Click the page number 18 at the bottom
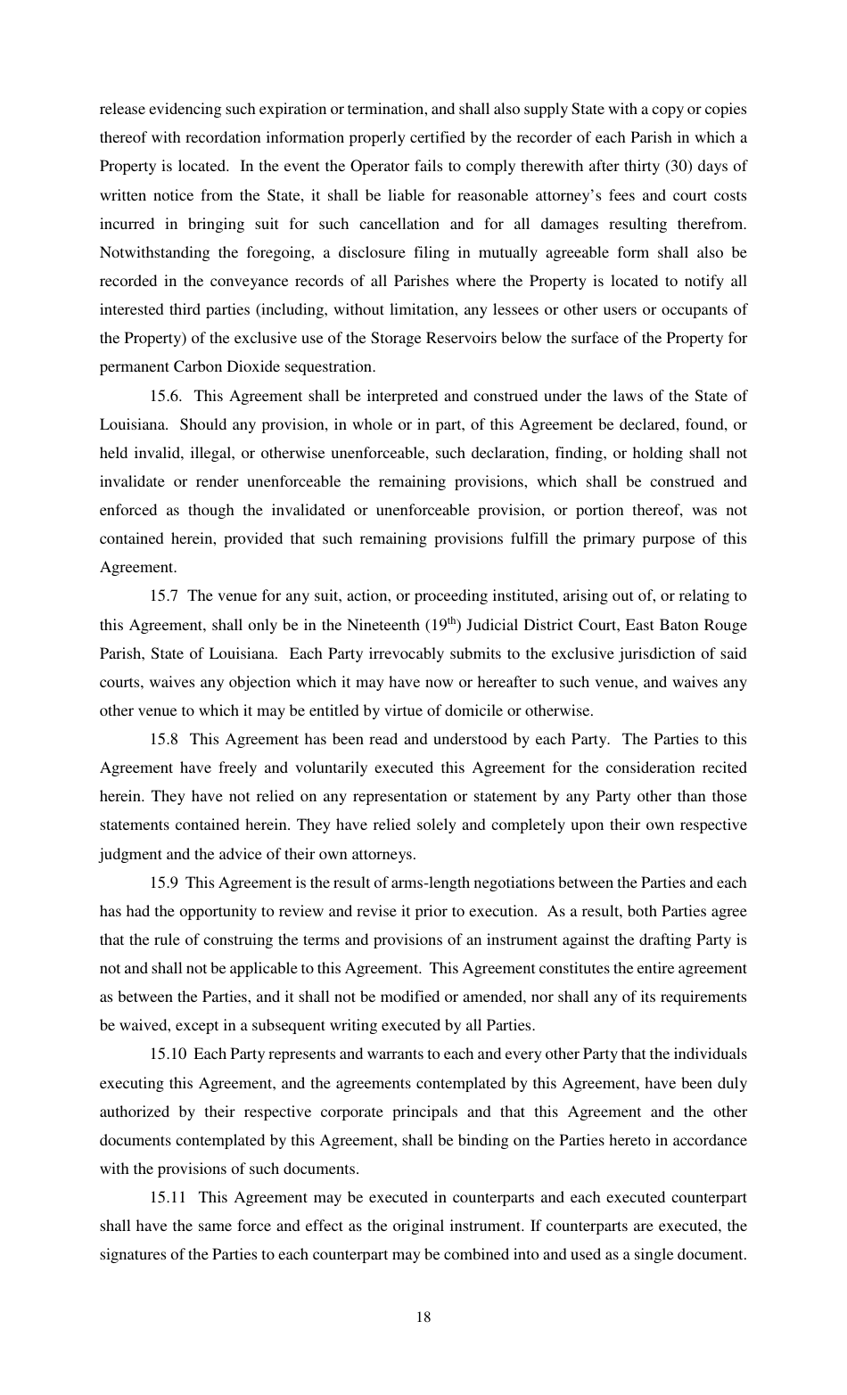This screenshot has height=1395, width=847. tap(423, 1317)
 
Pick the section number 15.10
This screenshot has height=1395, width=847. tap(168, 1054)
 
